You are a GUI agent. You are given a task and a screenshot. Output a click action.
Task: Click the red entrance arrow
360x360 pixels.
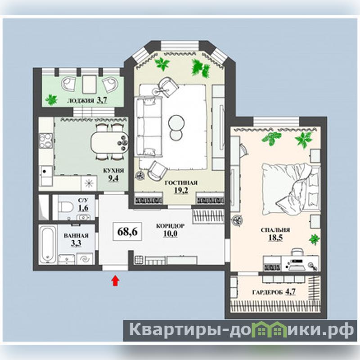115,281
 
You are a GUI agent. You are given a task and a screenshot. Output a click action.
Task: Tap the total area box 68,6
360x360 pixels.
127,231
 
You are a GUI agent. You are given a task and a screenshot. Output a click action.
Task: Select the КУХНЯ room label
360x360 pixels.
113,171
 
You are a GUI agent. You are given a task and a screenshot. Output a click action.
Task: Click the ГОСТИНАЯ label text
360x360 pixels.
181,183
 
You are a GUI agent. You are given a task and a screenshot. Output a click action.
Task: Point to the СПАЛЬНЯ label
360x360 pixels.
275,230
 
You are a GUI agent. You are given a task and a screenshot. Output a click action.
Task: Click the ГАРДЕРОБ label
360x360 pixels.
267,292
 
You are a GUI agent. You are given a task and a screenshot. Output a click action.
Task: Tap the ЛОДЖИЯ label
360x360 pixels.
81,100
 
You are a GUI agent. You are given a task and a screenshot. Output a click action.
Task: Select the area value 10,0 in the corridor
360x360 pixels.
171,234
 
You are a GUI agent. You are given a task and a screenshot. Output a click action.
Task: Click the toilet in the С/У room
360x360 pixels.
63,207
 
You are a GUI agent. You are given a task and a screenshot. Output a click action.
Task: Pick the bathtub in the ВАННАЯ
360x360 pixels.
48,244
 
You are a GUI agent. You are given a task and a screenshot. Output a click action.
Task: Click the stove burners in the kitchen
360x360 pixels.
46,140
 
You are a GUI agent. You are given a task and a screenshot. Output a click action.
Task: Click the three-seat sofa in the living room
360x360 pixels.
148,127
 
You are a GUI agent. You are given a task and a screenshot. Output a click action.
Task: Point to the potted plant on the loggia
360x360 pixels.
51,100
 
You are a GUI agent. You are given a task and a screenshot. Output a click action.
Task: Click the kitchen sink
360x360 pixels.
46,175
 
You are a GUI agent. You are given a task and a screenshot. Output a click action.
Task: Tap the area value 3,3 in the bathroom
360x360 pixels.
76,243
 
